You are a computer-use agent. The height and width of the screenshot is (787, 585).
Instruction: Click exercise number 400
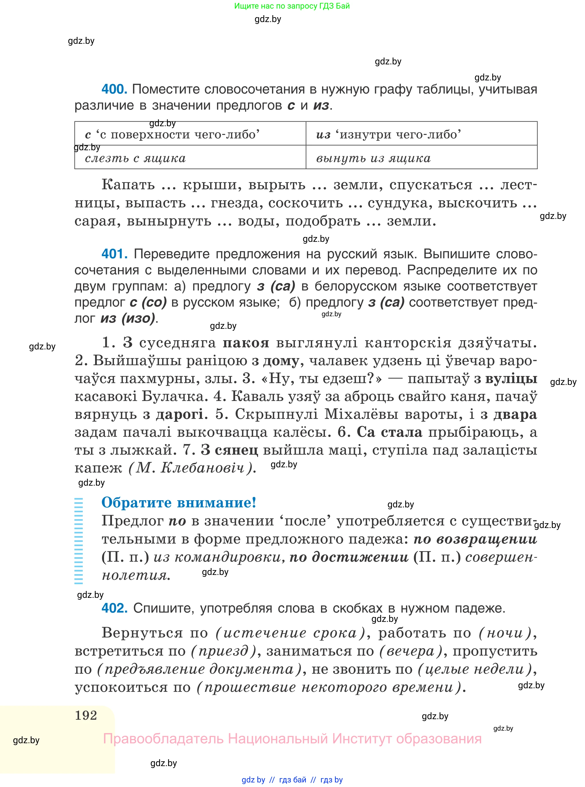pyautogui.click(x=114, y=89)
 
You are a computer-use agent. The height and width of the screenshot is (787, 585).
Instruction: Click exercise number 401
pyautogui.click(x=114, y=254)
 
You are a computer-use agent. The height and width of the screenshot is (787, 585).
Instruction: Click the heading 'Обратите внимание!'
pyautogui.click(x=179, y=503)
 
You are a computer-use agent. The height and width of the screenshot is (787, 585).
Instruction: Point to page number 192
pyautogui.click(x=86, y=715)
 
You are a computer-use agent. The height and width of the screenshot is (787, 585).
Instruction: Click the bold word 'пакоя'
pyautogui.click(x=246, y=343)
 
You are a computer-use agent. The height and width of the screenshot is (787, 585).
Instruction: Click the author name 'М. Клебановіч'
pyautogui.click(x=191, y=468)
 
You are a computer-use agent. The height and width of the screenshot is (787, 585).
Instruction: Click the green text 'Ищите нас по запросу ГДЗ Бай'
pyautogui.click(x=292, y=6)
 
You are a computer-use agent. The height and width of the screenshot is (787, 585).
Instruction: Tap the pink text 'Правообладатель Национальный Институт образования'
pyautogui.click(x=292, y=739)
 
